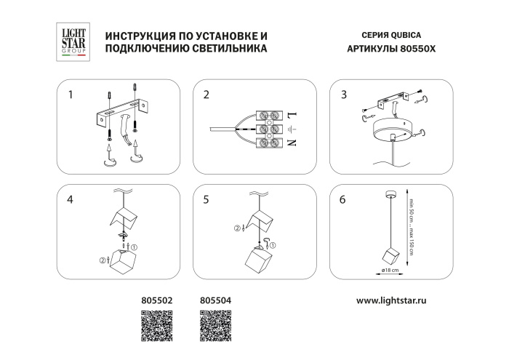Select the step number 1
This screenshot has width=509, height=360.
click(x=71, y=95)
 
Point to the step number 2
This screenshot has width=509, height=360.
click(x=207, y=95)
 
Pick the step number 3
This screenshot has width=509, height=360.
click(x=343, y=95)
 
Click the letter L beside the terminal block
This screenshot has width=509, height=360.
click(x=293, y=115)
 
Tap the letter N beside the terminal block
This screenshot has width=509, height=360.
click(x=293, y=143)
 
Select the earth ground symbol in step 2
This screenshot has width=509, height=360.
click(x=293, y=129)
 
